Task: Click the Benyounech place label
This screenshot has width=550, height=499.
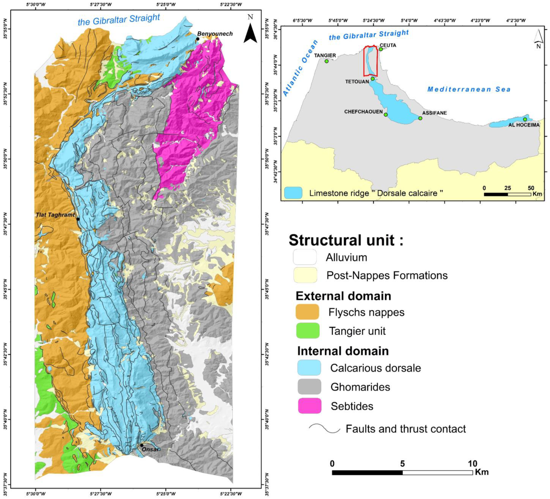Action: (215, 34)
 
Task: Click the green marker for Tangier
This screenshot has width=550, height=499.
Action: (327, 61)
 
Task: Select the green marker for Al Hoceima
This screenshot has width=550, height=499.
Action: (525, 119)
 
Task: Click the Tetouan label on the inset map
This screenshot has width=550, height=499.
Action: (357, 82)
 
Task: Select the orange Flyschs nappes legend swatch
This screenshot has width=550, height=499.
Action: (307, 312)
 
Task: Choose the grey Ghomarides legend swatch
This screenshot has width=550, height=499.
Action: (309, 387)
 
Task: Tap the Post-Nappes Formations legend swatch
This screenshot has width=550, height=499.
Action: (305, 275)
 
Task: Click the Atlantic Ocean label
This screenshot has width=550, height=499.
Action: (300, 68)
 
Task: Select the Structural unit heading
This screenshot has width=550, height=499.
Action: (346, 240)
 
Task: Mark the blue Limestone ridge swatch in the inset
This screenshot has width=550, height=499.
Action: (293, 193)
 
